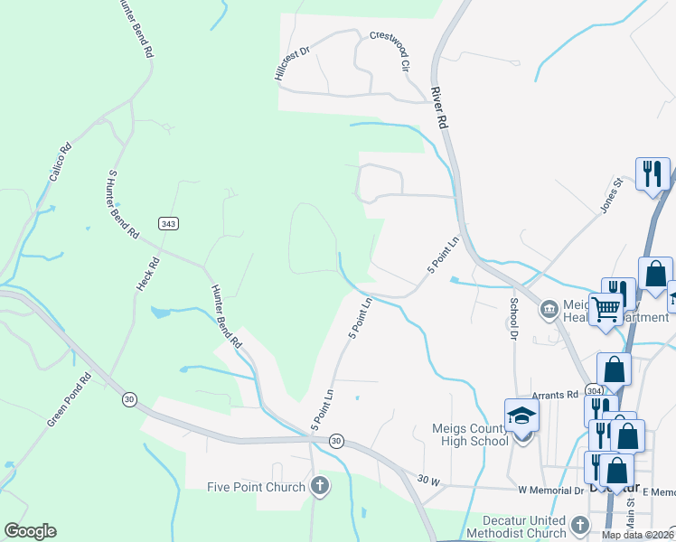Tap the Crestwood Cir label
(x=390, y=51)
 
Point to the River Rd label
(x=440, y=107)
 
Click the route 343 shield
(x=167, y=224)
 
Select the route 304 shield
(x=593, y=391)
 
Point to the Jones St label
(x=612, y=196)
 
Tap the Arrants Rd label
(x=554, y=395)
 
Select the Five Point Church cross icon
(x=318, y=487)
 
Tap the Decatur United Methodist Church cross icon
(x=580, y=524)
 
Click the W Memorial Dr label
(x=551, y=491)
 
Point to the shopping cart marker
(x=606, y=308)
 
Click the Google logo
(x=30, y=531)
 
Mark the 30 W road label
(x=428, y=482)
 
